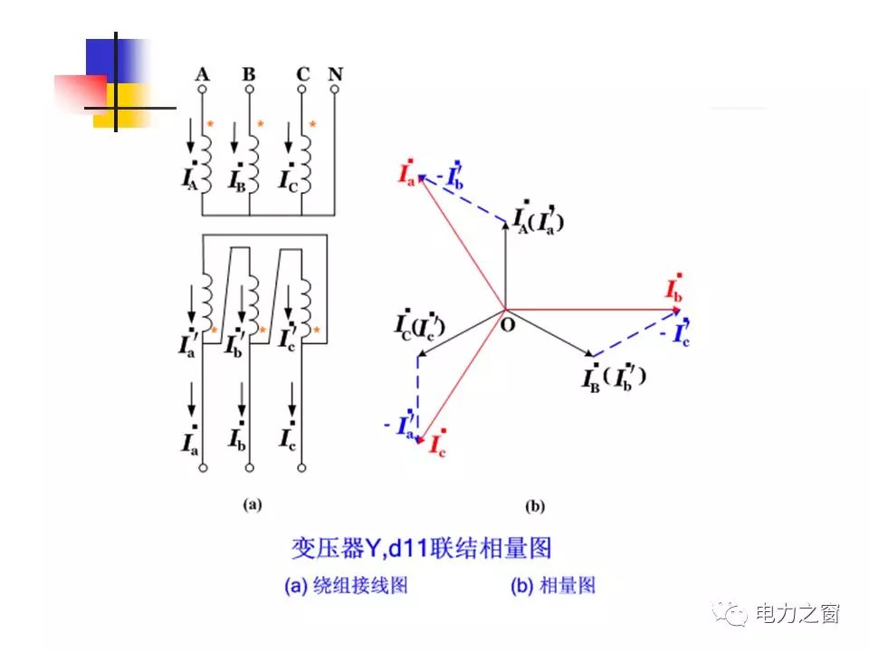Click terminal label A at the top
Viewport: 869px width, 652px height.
[202, 73]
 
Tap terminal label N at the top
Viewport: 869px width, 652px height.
[335, 73]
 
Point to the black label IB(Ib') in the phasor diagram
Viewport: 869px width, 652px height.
[616, 375]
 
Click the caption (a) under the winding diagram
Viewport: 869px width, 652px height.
[252, 505]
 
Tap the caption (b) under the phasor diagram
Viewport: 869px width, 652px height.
[534, 506]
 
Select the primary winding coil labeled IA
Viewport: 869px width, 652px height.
[207, 161]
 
